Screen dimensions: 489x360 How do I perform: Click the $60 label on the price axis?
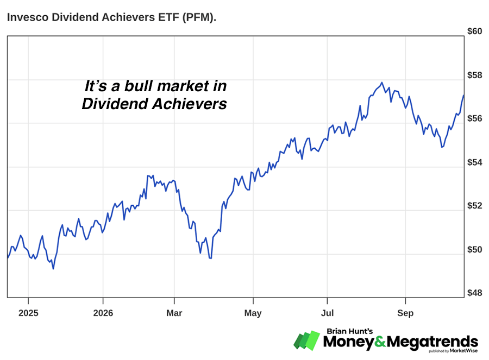click(x=474, y=31)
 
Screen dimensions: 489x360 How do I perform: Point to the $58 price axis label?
click(x=474, y=75)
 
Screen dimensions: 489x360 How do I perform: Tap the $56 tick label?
click(x=474, y=118)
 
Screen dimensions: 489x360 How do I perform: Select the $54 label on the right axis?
click(x=474, y=162)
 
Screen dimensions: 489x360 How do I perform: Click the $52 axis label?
click(x=474, y=206)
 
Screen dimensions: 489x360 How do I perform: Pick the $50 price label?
click(x=474, y=249)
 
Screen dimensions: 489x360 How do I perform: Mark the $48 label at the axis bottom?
click(x=474, y=293)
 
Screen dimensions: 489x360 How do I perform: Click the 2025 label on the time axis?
click(x=28, y=313)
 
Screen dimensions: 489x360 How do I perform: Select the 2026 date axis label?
click(x=103, y=313)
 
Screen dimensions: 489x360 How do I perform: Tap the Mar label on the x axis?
click(x=174, y=313)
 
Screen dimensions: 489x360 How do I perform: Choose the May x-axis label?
click(x=253, y=313)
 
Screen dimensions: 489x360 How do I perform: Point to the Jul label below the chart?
click(x=327, y=313)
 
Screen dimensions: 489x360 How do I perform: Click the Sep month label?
click(x=405, y=313)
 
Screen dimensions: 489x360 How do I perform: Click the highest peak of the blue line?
click(x=382, y=83)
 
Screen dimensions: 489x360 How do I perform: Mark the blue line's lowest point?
click(x=53, y=269)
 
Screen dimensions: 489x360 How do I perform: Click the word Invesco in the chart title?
click(x=28, y=17)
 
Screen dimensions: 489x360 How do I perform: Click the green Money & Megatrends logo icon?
click(x=306, y=340)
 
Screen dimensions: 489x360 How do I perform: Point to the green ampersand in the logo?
click(x=380, y=342)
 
